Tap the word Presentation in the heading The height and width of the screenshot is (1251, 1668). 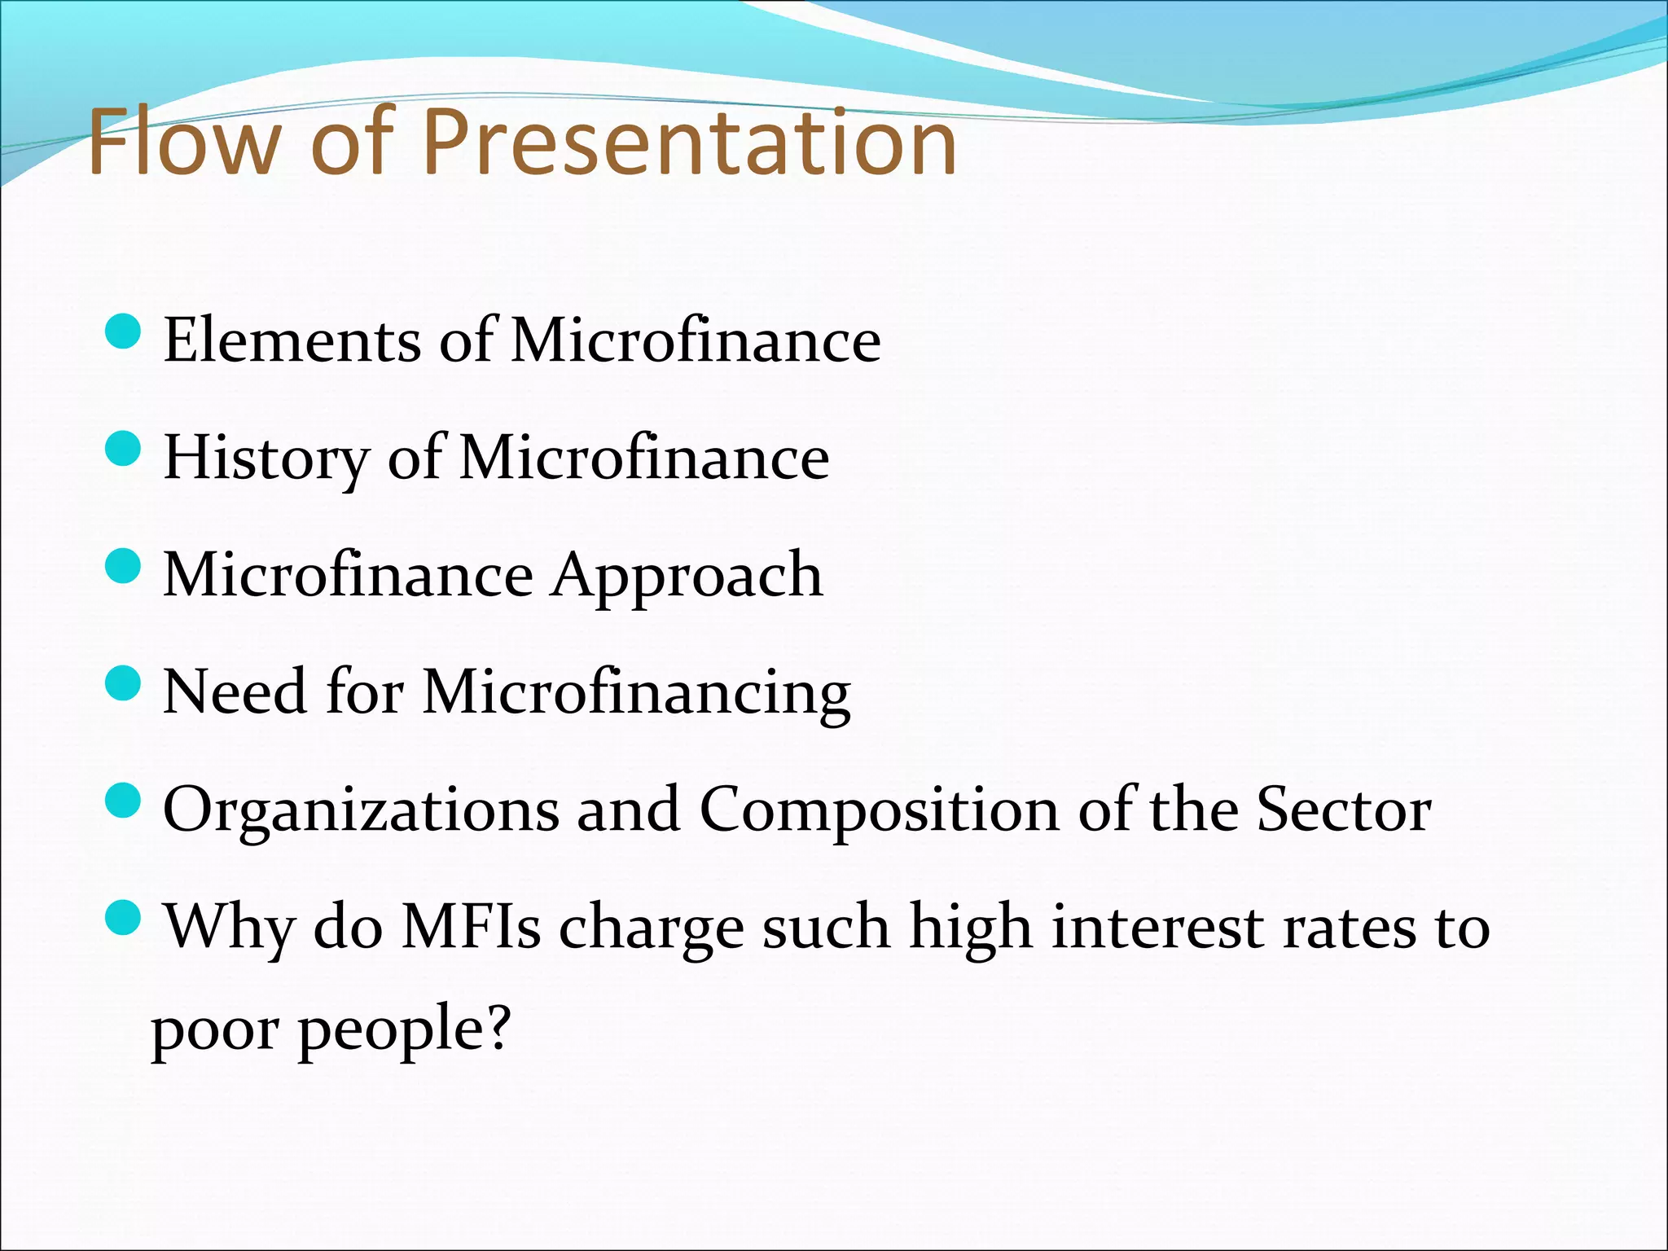point(688,143)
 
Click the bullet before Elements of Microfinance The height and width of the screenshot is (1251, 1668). point(124,332)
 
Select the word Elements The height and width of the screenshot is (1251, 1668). point(292,340)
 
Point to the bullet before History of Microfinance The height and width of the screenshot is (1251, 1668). point(124,450)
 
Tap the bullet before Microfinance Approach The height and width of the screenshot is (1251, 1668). point(124,567)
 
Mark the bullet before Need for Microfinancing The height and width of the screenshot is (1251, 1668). point(124,683)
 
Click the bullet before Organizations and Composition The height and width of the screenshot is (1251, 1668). point(124,801)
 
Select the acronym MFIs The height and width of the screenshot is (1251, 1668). point(471,928)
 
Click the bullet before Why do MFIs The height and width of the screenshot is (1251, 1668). point(124,918)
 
